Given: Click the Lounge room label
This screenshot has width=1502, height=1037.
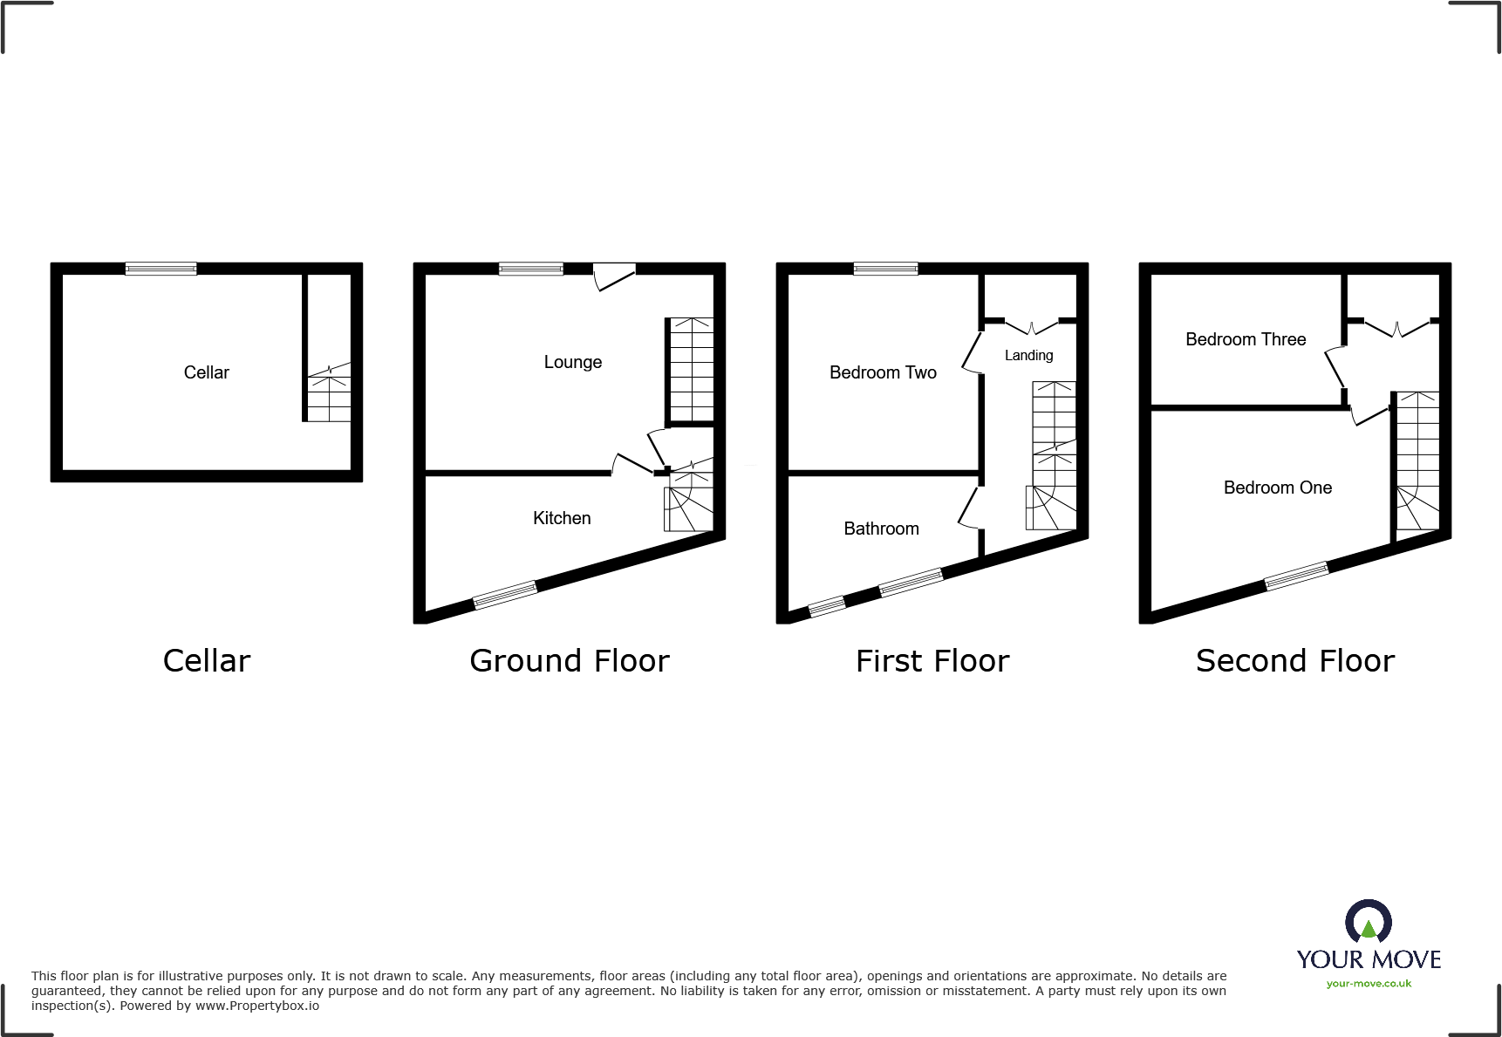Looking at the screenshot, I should (x=572, y=362).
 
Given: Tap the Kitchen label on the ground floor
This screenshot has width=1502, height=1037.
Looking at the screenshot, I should (x=562, y=518).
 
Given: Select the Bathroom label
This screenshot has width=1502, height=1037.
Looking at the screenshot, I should (x=881, y=529).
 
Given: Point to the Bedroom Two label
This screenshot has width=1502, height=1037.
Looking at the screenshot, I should (x=883, y=372).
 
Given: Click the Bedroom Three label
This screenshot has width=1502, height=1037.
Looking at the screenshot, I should (x=1246, y=339).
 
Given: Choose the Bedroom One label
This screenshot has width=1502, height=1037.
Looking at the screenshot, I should (x=1277, y=488).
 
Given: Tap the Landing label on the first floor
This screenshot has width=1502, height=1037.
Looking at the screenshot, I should (x=1028, y=355).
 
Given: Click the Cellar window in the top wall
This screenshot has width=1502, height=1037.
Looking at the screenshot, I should (x=160, y=269).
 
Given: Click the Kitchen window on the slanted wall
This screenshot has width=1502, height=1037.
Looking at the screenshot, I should (x=504, y=595).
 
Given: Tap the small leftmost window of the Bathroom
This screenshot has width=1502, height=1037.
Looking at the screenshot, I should (x=827, y=606).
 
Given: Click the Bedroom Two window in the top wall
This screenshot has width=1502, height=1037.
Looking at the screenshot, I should (x=885, y=269).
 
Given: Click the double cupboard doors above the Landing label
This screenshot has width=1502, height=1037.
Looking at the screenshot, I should (x=1031, y=328).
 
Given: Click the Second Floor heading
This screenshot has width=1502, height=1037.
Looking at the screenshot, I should (x=1294, y=661).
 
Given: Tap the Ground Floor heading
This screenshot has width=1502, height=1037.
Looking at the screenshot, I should (x=569, y=661).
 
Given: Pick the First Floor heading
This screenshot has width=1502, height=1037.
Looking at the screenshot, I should (x=932, y=661).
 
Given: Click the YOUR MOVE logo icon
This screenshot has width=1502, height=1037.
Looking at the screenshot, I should (x=1368, y=921).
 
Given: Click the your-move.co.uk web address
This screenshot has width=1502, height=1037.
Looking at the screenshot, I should (x=1368, y=984).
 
